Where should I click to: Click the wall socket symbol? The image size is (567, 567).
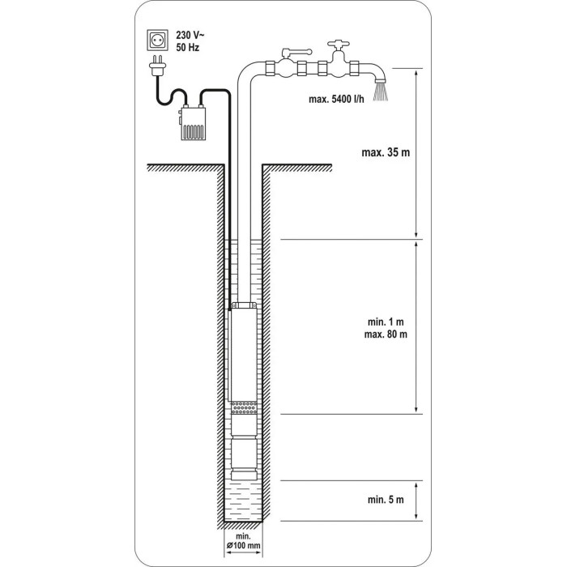[x=158, y=40]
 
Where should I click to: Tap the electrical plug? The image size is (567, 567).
[x=158, y=66]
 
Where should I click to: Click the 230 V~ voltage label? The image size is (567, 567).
[x=190, y=35]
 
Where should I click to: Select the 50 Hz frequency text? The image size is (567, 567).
[x=188, y=47]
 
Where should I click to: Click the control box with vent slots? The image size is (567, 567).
[x=193, y=123]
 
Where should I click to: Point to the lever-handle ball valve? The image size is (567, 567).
[x=290, y=63]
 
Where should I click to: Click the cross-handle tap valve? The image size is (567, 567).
[x=339, y=60]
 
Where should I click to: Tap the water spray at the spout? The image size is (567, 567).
[x=381, y=92]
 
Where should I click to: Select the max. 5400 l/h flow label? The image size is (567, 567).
[x=336, y=99]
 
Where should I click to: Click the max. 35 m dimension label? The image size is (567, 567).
[x=386, y=152]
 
